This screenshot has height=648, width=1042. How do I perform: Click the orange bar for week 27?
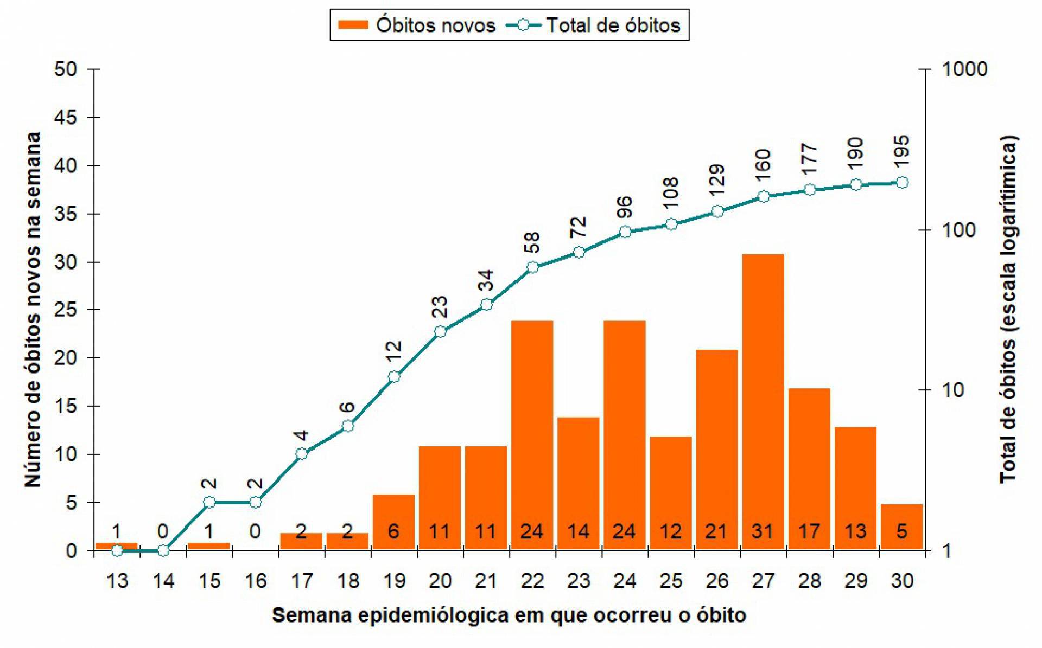point(763,401)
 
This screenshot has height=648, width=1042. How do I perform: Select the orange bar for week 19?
point(393,522)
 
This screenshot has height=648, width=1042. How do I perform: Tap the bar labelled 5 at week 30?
point(901,527)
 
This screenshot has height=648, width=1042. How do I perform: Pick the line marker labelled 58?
point(532,267)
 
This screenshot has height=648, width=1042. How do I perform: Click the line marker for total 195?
point(902,183)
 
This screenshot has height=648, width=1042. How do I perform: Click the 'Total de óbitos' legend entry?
point(594,25)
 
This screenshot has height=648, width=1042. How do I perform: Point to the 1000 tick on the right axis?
point(964,69)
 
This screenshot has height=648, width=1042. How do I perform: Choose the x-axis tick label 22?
point(532,581)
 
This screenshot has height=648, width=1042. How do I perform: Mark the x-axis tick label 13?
point(117,581)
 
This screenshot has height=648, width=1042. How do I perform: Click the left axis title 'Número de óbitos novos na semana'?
point(33,309)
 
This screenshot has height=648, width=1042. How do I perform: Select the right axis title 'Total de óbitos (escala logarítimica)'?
point(1008,309)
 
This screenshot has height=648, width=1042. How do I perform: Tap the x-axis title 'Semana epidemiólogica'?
point(509,615)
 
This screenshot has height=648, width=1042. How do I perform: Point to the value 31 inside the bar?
point(763,531)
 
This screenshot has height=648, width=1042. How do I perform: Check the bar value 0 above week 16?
point(255,531)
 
